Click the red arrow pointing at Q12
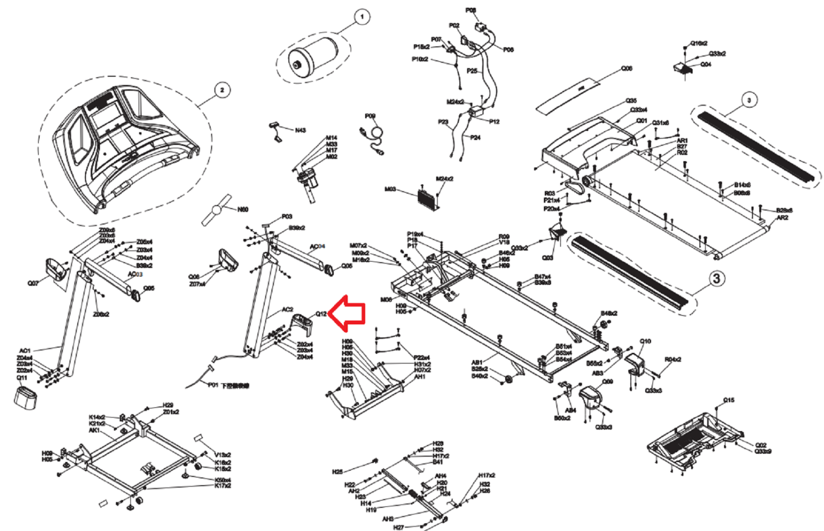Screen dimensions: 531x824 pyautogui.click(x=348, y=312)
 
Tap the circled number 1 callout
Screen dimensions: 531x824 pyautogui.click(x=362, y=17)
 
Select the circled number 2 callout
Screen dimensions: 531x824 pyautogui.click(x=222, y=90)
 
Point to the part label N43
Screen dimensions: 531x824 pyautogui.click(x=300, y=130)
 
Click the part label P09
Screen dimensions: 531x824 pyautogui.click(x=370, y=116)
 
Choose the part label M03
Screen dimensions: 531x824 pyautogui.click(x=390, y=189)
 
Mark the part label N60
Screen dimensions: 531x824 pyautogui.click(x=243, y=210)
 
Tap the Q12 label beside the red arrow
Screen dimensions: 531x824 pyautogui.click(x=321, y=314)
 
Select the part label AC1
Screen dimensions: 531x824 pyautogui.click(x=25, y=351)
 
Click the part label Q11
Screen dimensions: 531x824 pyautogui.click(x=22, y=378)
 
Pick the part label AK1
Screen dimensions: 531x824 pyautogui.click(x=94, y=430)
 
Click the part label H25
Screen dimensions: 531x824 pyautogui.click(x=337, y=472)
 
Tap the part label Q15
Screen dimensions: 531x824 pyautogui.click(x=729, y=400)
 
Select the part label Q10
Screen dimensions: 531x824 pyautogui.click(x=645, y=341)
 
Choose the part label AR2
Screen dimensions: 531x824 pyautogui.click(x=782, y=218)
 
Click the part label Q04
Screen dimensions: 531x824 pyautogui.click(x=706, y=64)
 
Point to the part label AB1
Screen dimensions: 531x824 pyautogui.click(x=477, y=363)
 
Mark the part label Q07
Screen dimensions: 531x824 pyautogui.click(x=33, y=283)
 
